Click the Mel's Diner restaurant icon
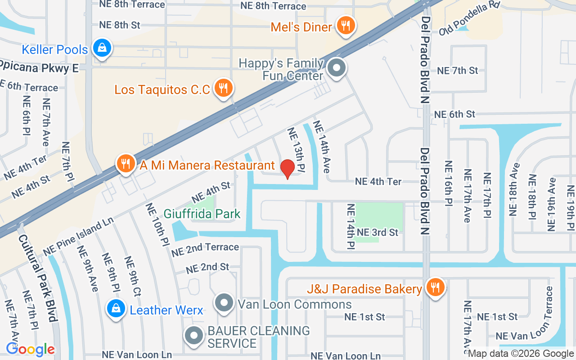click(x=345, y=26)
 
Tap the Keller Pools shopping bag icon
click(x=102, y=47)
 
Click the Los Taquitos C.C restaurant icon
click(x=222, y=87)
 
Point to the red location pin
click(x=288, y=169)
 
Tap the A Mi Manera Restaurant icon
click(x=126, y=163)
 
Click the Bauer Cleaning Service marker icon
click(x=194, y=335)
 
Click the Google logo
click(x=30, y=349)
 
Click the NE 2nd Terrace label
click(x=205, y=249)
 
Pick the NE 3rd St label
click(x=378, y=232)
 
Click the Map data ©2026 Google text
click(x=521, y=354)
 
